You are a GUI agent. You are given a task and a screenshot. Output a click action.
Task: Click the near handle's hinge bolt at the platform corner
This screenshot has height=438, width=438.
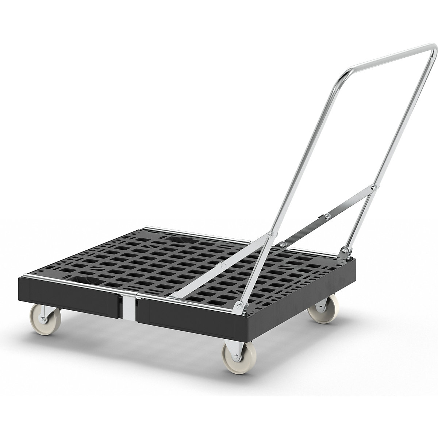239,305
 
